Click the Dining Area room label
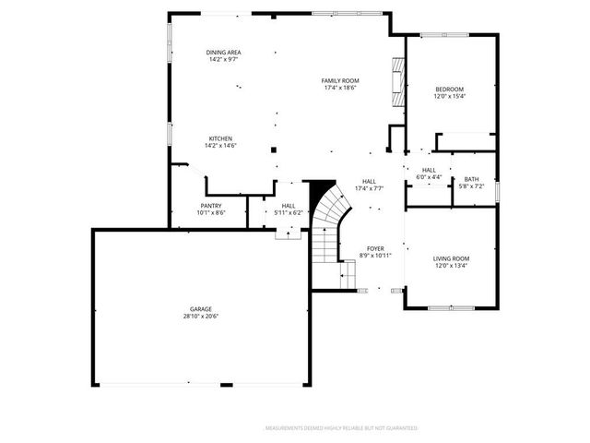224,53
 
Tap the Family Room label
340,81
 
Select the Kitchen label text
219,138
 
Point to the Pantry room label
211,206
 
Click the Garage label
201,309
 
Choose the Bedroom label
450,89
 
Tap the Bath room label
471,179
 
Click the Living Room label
452,258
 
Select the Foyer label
375,248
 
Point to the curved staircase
327,221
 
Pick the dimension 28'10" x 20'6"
201,317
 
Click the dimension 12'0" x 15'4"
450,96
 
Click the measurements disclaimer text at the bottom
341,428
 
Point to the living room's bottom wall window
452,306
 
